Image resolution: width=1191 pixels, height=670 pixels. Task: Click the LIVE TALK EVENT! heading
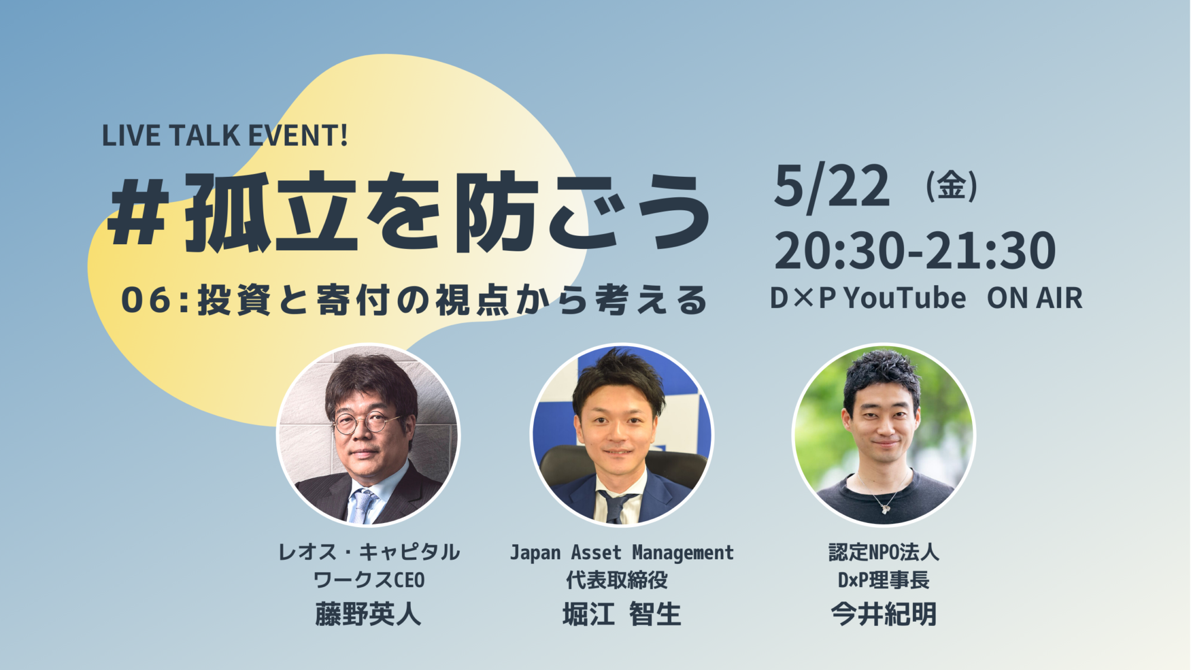pos(225,135)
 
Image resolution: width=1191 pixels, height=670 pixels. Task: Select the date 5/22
pos(832,186)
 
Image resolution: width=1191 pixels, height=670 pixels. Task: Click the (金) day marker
pos(951,186)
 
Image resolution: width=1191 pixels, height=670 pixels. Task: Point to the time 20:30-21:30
pos(915,251)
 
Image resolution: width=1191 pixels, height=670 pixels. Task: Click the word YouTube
pos(905,298)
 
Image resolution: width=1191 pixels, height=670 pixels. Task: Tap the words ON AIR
pos(1034,298)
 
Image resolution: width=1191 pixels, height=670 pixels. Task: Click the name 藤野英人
pos(369,614)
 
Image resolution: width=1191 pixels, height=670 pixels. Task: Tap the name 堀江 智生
pos(622,614)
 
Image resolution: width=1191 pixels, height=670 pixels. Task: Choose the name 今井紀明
pos(884,614)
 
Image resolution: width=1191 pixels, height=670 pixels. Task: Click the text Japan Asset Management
pos(622,553)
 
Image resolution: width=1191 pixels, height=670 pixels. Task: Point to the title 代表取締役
pos(617,580)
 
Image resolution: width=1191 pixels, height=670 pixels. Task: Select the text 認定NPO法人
pos(884,552)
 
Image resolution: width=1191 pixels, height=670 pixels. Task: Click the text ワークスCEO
pos(369,580)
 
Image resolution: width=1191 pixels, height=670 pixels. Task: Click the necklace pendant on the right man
pos(886,508)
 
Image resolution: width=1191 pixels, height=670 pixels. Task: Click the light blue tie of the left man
pos(361,506)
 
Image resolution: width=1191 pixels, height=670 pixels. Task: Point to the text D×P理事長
pos(884,580)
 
